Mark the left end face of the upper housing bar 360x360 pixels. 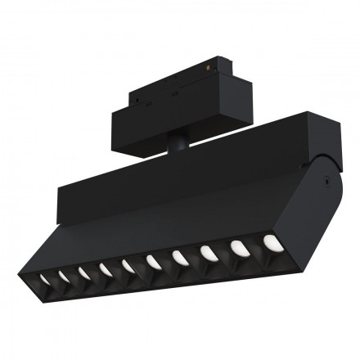[63, 205]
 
